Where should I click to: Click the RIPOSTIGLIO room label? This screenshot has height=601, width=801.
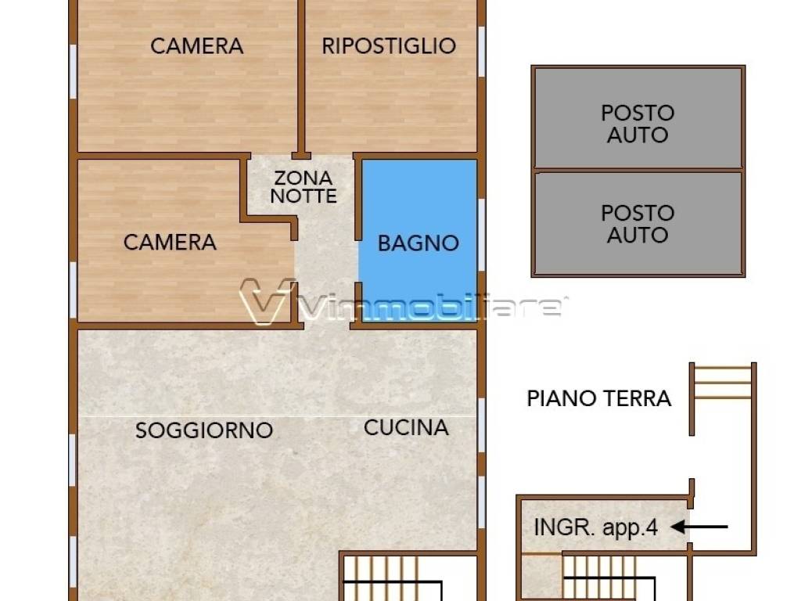click(389, 45)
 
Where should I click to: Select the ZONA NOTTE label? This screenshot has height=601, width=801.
click(304, 188)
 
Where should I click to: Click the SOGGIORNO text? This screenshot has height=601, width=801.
click(204, 430)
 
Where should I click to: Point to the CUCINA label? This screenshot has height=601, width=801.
click(406, 427)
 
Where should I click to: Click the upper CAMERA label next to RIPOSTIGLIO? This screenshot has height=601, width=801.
click(196, 45)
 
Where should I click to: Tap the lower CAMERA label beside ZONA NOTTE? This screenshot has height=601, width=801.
click(170, 242)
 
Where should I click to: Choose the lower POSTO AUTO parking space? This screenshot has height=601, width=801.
click(638, 223)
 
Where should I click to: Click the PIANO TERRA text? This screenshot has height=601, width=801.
click(598, 398)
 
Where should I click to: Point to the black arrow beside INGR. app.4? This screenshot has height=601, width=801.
click(699, 527)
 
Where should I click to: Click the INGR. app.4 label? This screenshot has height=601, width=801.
click(595, 527)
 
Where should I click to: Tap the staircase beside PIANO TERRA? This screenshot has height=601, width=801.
click(722, 383)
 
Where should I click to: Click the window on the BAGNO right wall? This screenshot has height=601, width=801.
click(482, 223)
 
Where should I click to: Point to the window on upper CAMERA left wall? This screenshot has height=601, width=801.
click(73, 70)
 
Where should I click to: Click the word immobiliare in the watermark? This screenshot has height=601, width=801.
click(430, 308)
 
